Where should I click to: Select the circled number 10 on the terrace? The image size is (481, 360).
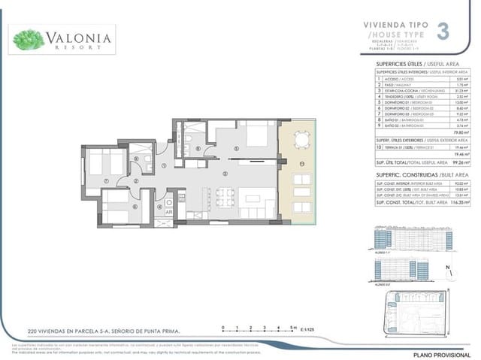tap(302, 162)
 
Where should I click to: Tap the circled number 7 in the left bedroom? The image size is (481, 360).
tap(107, 180)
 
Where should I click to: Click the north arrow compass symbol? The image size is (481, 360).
tap(448, 271)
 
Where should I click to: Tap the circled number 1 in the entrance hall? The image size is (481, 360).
tap(164, 166)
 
